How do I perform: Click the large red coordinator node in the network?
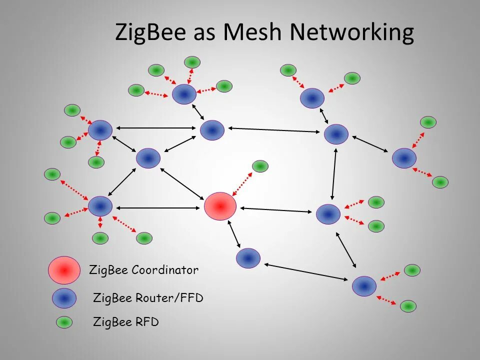tap(220, 206)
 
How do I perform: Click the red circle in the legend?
tap(64, 270)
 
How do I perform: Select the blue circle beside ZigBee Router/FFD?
tap(64, 298)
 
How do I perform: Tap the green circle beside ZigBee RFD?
tap(64, 322)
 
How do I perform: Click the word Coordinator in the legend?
tap(165, 270)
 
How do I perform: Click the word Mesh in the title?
tap(253, 32)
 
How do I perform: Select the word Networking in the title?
tap(352, 33)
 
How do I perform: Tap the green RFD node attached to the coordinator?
tap(260, 166)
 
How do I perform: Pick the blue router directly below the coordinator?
tap(248, 258)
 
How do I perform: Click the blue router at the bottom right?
tap(364, 286)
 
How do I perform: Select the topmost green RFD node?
tap(192, 62)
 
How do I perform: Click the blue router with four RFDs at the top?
tap(184, 94)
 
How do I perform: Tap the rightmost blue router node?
tap(404, 158)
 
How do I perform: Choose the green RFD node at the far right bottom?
tap(408, 306)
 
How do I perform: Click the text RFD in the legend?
tap(147, 322)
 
